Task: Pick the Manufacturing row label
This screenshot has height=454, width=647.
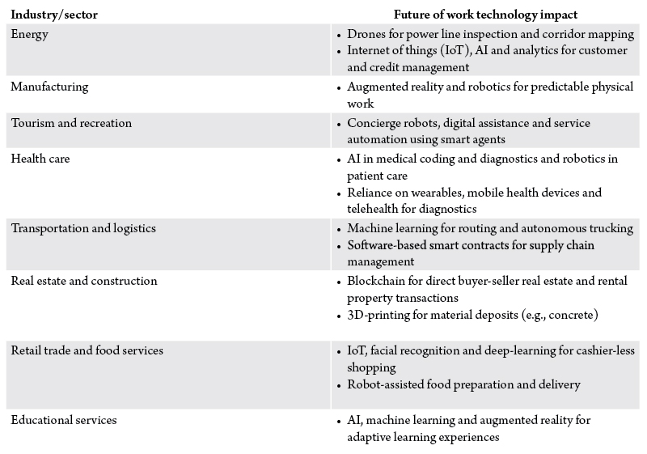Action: coord(49,87)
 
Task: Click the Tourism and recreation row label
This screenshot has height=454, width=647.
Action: coord(71,123)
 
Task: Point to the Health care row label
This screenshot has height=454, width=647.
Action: coord(40,159)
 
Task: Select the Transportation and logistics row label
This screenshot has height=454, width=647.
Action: coord(83,228)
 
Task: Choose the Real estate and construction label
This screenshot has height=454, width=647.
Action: coord(84,281)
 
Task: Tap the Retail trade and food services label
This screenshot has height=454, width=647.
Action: coord(87,350)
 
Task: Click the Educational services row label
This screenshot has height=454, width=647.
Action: coord(64,420)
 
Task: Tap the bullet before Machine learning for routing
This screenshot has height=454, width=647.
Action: coord(339,229)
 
